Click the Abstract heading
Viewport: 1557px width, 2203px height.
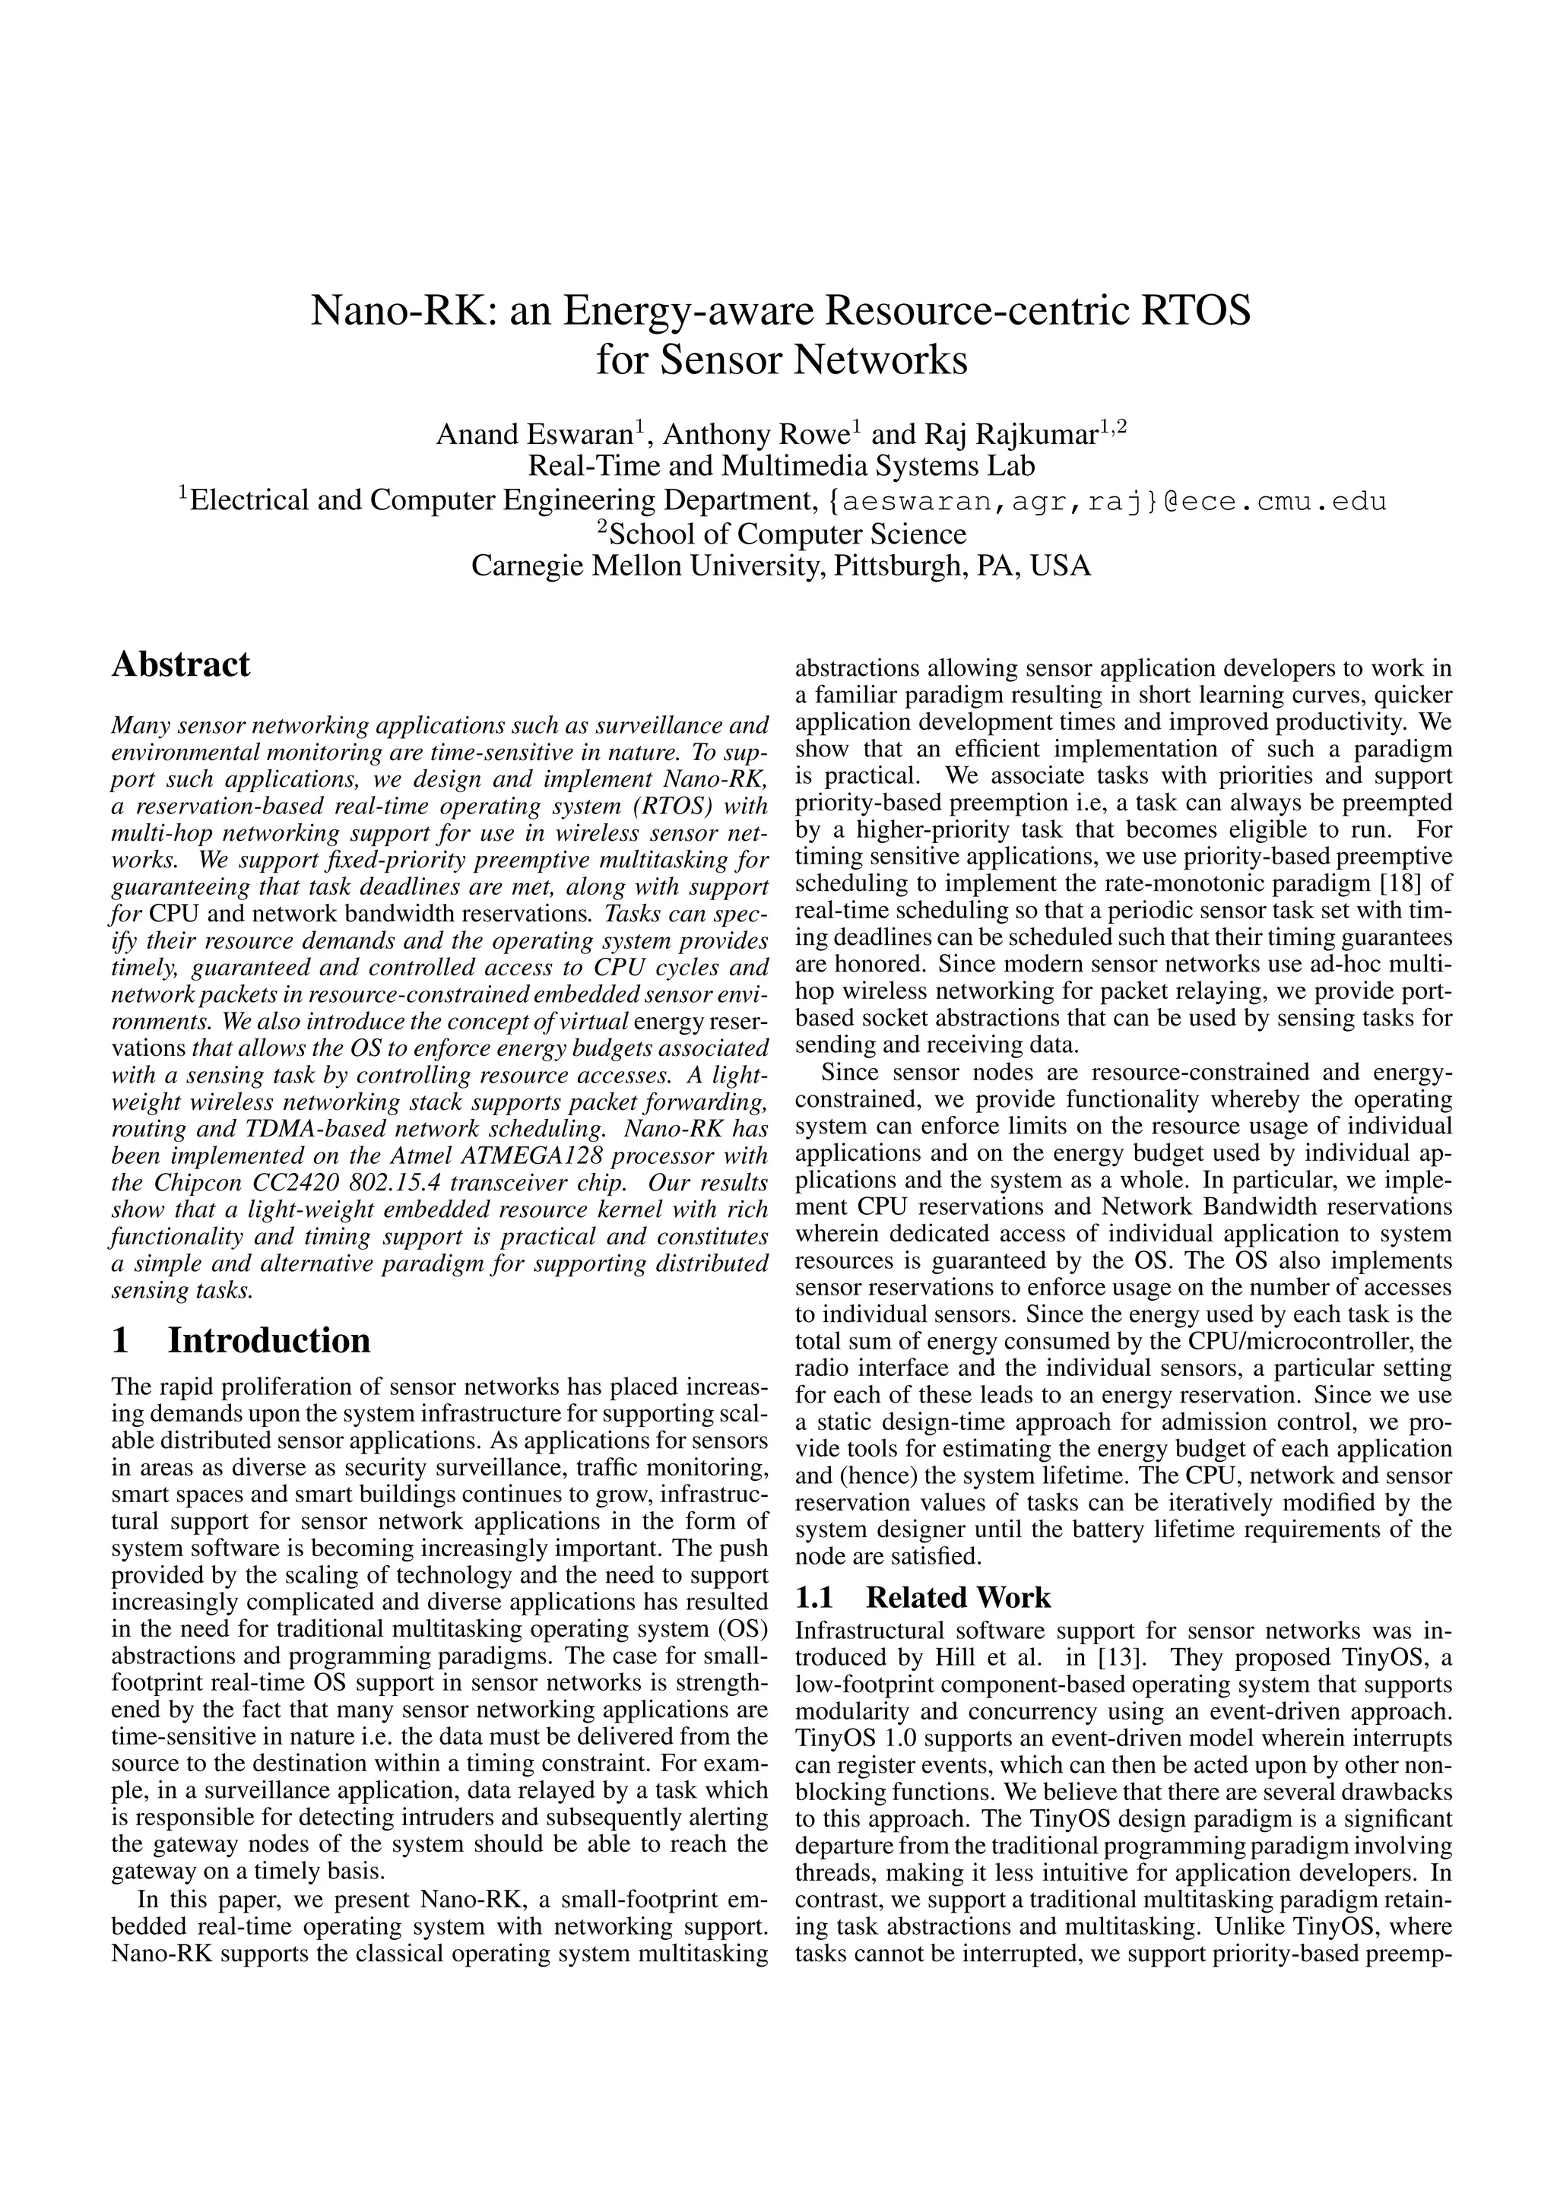(180, 664)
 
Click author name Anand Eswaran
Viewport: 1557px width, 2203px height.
(536, 435)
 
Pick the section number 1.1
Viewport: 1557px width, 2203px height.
(816, 1598)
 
